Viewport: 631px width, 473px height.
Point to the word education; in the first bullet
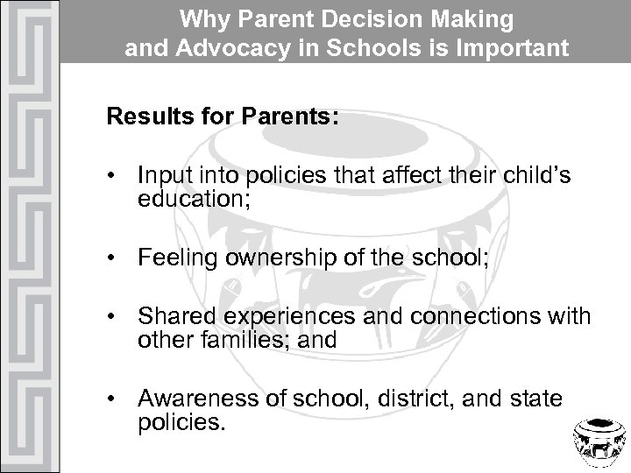(193, 197)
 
